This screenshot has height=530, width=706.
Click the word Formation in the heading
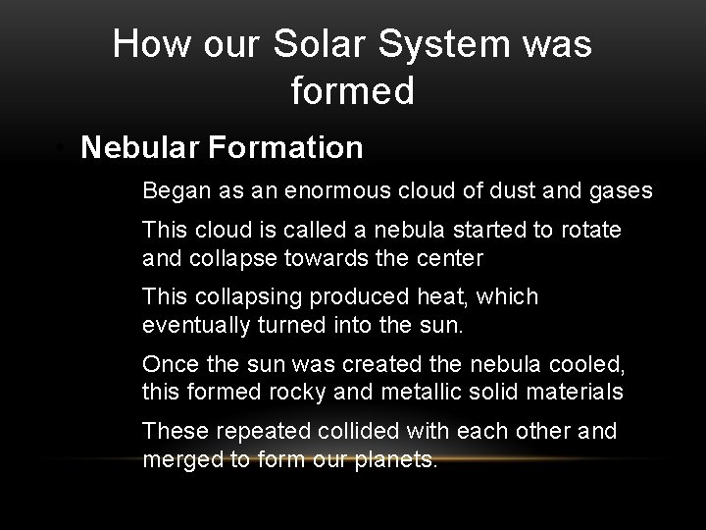[x=286, y=147]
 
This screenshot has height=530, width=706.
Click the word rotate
[x=592, y=232]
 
